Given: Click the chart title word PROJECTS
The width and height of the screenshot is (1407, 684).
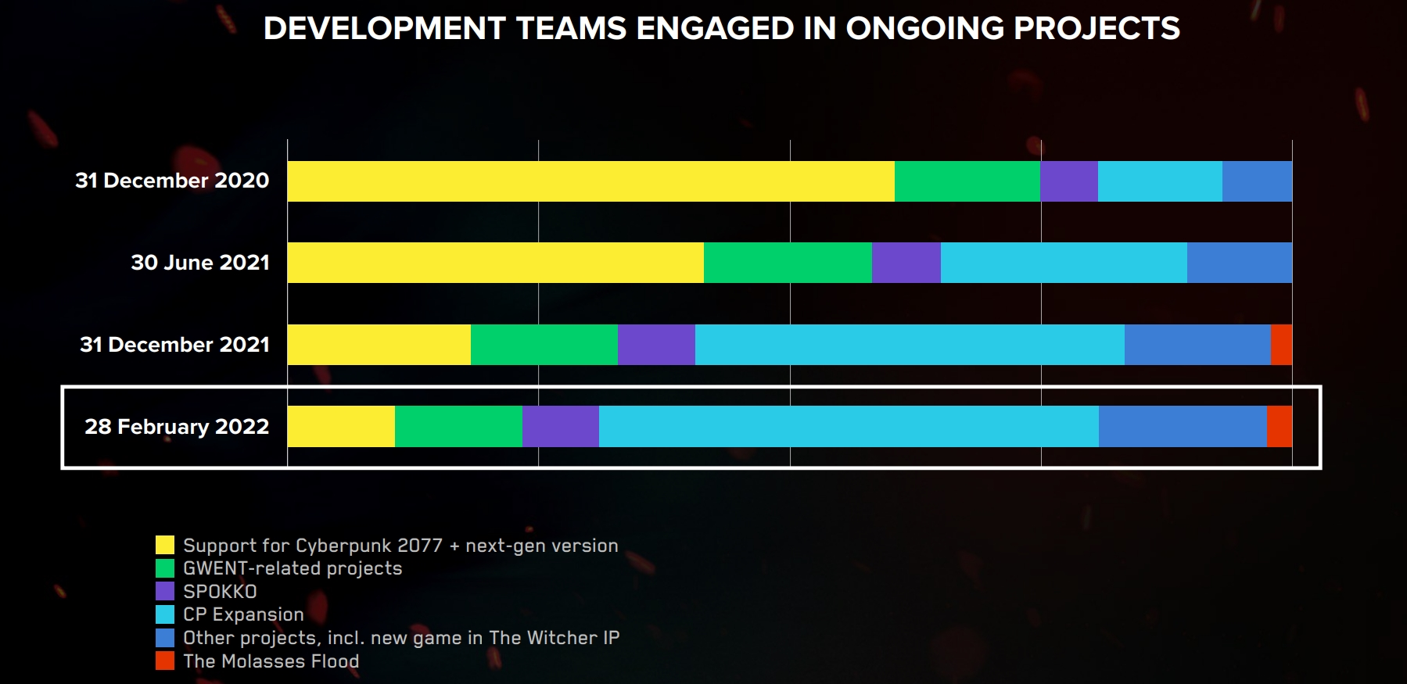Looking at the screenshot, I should [1097, 29].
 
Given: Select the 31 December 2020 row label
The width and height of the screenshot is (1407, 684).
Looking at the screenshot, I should [172, 181].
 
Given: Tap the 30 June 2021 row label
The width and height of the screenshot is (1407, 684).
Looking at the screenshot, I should [200, 263].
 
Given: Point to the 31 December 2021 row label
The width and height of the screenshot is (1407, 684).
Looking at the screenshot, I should [174, 345].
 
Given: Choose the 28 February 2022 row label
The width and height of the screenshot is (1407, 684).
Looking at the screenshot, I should [177, 427].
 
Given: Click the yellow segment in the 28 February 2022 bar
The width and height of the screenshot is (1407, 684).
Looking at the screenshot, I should [341, 427].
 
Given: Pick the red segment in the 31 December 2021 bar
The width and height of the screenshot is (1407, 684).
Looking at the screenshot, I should [1281, 345].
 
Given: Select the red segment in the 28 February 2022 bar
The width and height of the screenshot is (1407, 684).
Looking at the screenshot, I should [1280, 427].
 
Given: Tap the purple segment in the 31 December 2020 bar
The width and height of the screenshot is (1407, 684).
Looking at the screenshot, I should [1069, 181].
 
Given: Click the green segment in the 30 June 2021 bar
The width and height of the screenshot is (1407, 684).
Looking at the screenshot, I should [788, 263].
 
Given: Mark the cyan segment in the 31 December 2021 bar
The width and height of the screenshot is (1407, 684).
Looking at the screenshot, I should [910, 345].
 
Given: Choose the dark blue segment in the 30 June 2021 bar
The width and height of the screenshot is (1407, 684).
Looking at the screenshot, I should [1240, 263].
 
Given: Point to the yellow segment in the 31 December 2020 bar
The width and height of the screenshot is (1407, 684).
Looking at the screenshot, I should [590, 181].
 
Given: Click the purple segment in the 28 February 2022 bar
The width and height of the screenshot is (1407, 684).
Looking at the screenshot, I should [561, 427].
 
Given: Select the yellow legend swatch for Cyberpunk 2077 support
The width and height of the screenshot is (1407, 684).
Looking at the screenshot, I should [165, 545].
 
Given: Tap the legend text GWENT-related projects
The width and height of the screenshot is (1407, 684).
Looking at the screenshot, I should [293, 568].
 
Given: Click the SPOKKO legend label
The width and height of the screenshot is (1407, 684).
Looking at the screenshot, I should [220, 592].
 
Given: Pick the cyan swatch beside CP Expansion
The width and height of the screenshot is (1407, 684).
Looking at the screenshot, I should [165, 614].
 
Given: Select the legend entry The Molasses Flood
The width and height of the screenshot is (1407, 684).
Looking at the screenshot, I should [271, 661].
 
